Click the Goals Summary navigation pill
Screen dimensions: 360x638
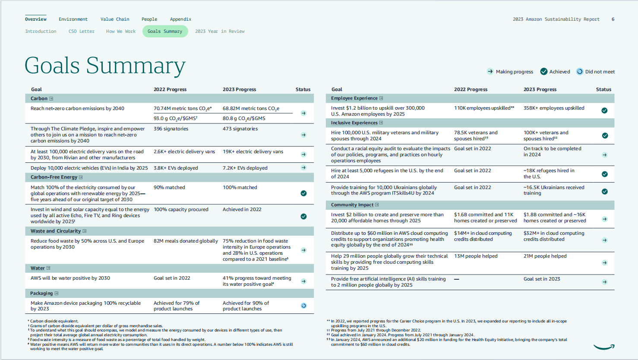pos(165,31)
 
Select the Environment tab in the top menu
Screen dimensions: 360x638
pos(73,19)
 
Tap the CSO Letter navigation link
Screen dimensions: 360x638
pos(81,31)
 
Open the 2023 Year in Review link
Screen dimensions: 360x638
pos(219,31)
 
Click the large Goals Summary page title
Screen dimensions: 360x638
pos(105,66)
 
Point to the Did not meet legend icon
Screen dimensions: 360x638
pos(580,72)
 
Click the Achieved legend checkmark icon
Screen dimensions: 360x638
pos(544,72)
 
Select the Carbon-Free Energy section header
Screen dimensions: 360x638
pos(54,177)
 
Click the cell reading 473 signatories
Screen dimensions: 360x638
pos(240,129)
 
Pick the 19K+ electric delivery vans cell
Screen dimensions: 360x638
pos(253,152)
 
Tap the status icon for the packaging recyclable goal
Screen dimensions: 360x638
pos(303,306)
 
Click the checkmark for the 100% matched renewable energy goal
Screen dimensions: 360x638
pos(303,193)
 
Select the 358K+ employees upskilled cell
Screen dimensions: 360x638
pos(554,108)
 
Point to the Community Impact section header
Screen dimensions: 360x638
pos(352,205)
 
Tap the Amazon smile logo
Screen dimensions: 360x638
pos(603,347)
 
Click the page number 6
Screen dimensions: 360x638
pos(613,19)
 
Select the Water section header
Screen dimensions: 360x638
pos(38,268)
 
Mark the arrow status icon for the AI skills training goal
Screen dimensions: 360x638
pos(604,282)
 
